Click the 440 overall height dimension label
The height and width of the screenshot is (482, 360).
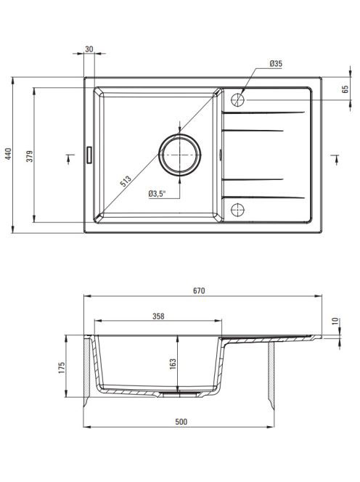point(8,154)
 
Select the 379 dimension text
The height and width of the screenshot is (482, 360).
point(30,156)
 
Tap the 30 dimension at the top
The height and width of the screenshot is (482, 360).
point(89,49)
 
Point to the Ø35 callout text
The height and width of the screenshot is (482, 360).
point(276,64)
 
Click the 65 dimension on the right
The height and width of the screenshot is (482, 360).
point(345,89)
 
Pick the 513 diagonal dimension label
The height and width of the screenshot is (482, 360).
point(126,181)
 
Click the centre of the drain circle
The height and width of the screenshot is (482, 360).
point(179,155)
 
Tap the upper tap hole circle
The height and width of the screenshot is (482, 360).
point(237,100)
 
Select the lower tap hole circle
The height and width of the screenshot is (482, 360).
point(237,210)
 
